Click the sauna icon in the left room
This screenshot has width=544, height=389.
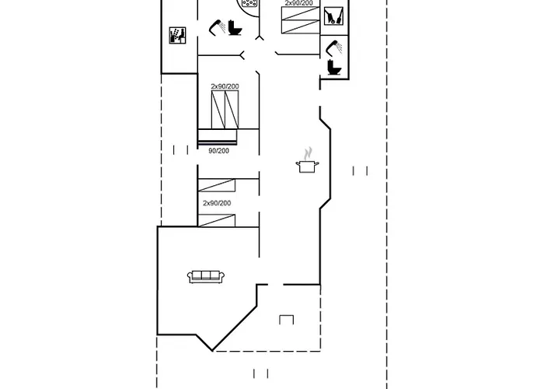178,36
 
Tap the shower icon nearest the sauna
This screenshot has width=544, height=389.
217,27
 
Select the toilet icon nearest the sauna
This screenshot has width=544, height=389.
235,28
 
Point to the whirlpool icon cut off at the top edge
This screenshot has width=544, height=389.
249,3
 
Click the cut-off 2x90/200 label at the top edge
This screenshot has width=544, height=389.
298,3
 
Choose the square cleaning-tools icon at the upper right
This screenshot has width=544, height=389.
333,16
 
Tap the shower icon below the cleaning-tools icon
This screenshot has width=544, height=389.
334,47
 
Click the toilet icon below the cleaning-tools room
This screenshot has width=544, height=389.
334,67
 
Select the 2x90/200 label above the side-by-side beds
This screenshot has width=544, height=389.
225,86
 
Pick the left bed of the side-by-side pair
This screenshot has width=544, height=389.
218,110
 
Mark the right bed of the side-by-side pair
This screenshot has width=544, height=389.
232,110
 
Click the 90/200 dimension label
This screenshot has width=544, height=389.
218,151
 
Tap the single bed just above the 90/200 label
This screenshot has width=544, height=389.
218,137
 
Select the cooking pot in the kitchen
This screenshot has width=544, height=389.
307,166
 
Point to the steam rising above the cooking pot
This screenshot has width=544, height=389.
308,153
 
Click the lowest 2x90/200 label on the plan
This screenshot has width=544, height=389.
217,203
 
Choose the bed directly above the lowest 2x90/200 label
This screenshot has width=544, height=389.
217,185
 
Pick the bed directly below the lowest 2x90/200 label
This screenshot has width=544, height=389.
217,220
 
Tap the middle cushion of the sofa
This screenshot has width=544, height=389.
206,275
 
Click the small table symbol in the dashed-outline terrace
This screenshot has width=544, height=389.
287,320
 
